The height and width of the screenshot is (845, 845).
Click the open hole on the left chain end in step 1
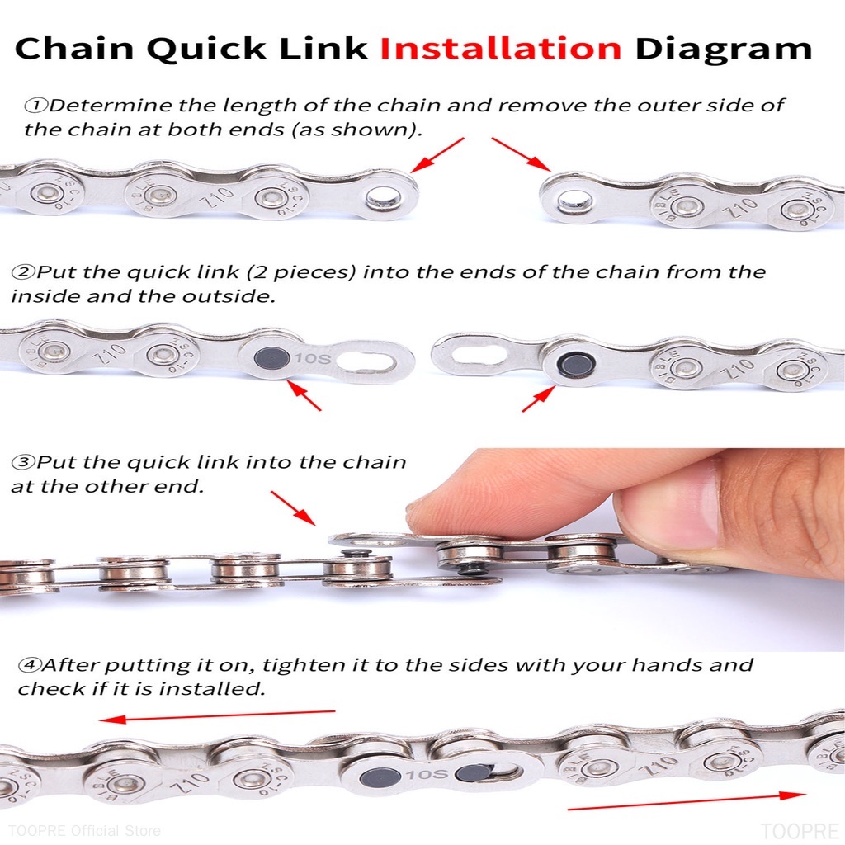point(383,198)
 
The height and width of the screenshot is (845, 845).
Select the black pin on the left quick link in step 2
point(268,358)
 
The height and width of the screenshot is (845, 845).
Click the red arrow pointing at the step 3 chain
point(293,507)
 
